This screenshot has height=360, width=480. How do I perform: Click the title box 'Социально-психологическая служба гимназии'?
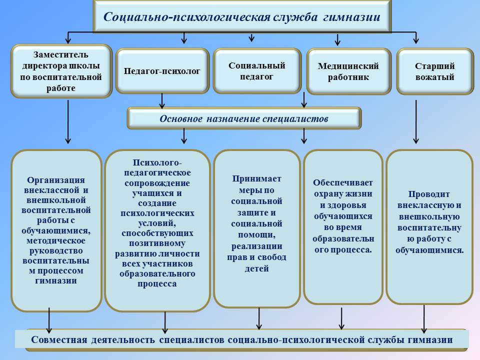coord(242,17)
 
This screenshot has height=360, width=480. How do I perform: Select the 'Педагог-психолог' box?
coord(162,71)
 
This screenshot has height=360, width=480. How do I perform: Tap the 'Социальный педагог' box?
coord(257,71)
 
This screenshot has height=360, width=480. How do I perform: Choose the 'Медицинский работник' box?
coord(348,71)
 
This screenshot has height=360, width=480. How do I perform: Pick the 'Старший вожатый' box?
coord(434,71)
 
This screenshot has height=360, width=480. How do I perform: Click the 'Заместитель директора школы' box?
coord(61,71)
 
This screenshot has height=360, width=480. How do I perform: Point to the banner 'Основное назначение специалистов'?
coord(244,119)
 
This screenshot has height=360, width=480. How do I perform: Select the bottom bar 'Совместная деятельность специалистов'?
coord(242,340)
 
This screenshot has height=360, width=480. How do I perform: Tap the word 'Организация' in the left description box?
coord(56,180)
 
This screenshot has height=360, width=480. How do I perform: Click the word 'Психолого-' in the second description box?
coord(157,162)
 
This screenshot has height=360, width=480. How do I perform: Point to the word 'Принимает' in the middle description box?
coord(257,178)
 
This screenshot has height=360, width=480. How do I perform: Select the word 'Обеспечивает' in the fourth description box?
coord(343,183)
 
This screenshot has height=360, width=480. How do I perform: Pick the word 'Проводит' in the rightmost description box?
coord(429,194)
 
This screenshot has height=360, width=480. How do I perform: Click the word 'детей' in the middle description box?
coord(257,268)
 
